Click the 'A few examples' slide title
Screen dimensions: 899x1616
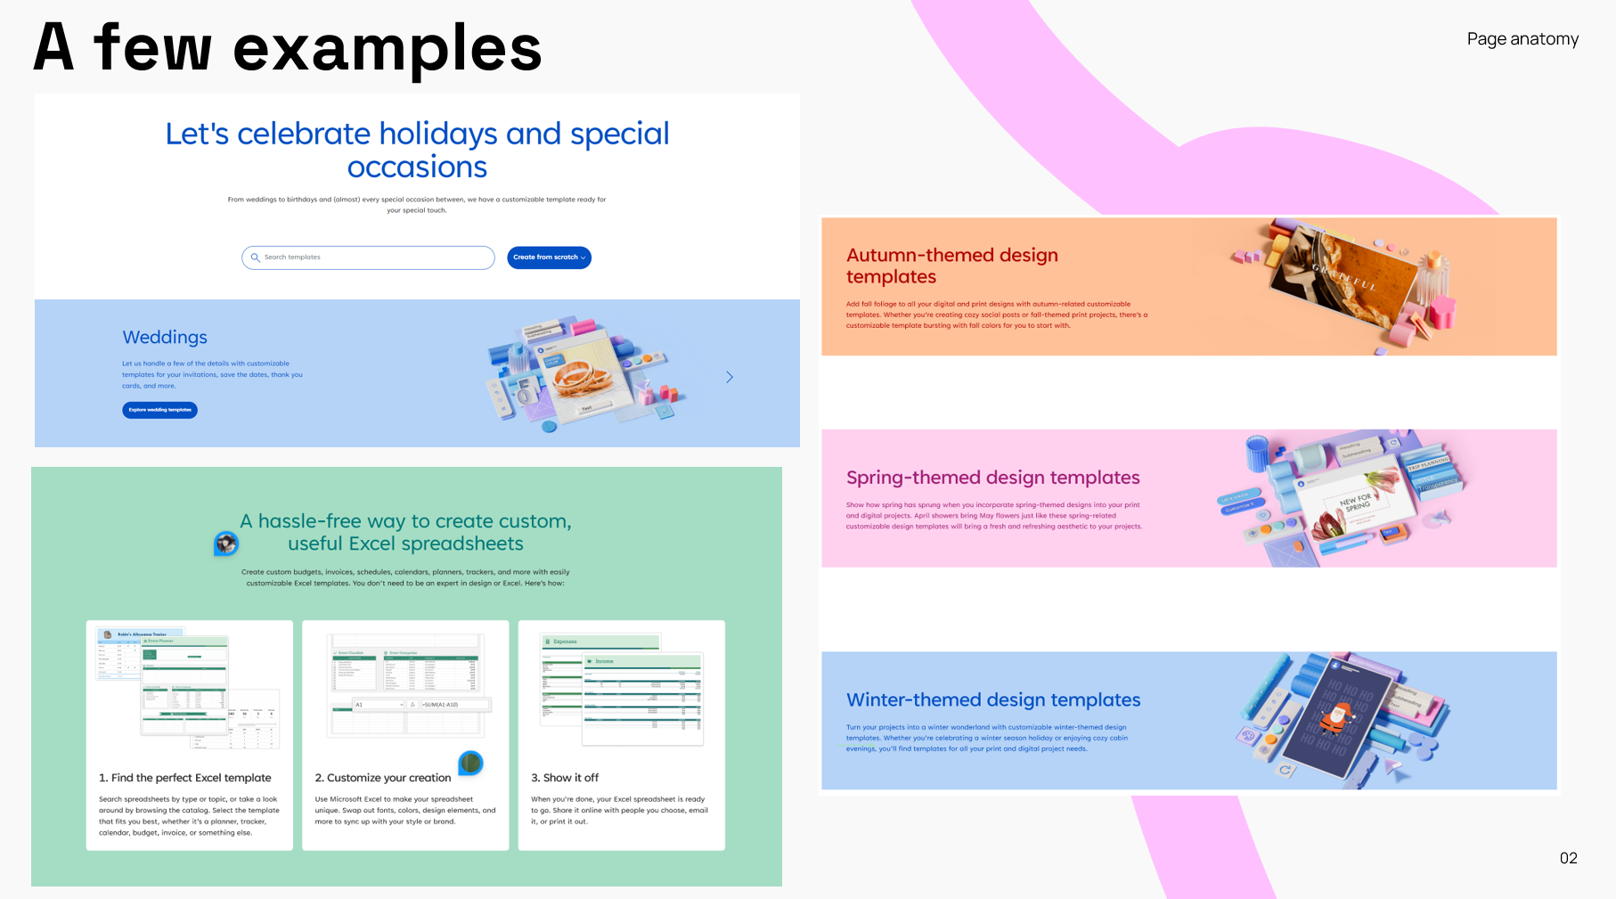[287, 48]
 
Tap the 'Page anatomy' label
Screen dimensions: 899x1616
[1522, 39]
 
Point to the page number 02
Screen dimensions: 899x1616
[1568, 858]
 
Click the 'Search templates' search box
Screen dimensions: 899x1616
[374, 257]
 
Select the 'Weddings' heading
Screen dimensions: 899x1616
[165, 338]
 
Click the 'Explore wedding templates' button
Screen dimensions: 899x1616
[159, 410]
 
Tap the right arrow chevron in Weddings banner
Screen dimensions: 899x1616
[730, 377]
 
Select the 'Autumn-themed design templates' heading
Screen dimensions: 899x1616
[951, 266]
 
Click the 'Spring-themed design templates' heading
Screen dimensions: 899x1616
[992, 478]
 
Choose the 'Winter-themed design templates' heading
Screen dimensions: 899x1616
[992, 700]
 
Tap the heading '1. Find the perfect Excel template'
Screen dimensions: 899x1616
[185, 778]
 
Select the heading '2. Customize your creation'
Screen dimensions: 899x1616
[383, 778]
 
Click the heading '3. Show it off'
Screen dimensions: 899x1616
[565, 778]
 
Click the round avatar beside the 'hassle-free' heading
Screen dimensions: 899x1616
[226, 543]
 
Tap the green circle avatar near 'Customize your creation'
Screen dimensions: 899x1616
[470, 763]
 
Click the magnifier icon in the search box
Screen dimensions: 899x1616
[256, 257]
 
